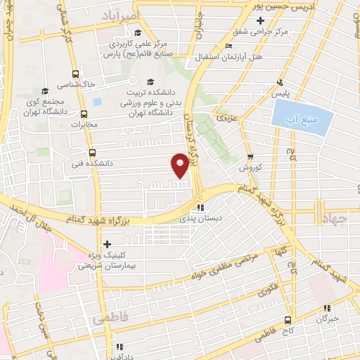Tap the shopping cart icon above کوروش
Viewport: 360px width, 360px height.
[x=250, y=157]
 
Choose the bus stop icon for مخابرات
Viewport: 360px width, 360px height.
[x=84, y=114]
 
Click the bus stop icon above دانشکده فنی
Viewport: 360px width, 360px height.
[x=92, y=152]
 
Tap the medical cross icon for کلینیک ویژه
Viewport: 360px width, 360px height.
[x=107, y=245]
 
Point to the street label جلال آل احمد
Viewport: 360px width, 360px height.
[x=28, y=208]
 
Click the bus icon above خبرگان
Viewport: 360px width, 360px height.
[x=326, y=308]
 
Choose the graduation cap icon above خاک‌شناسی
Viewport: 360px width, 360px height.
[x=76, y=72]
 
